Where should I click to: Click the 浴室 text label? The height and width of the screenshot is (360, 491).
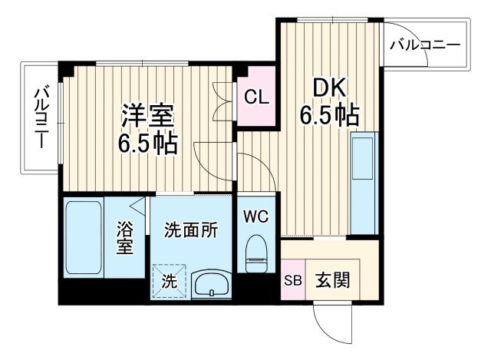coord(124,238)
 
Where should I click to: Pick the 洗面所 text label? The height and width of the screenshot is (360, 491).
coord(191,230)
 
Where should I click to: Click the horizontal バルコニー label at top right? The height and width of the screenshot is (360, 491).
coord(424,44)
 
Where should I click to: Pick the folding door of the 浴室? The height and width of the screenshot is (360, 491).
coord(139,206)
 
